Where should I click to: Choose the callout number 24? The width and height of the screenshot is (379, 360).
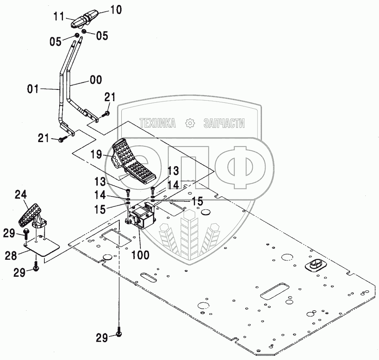pos(21,194)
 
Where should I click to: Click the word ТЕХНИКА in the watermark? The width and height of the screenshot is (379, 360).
pos(157,123)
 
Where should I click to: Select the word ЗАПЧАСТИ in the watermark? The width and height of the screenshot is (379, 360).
pos(224,123)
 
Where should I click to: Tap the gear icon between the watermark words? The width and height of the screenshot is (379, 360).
pos(191,123)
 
